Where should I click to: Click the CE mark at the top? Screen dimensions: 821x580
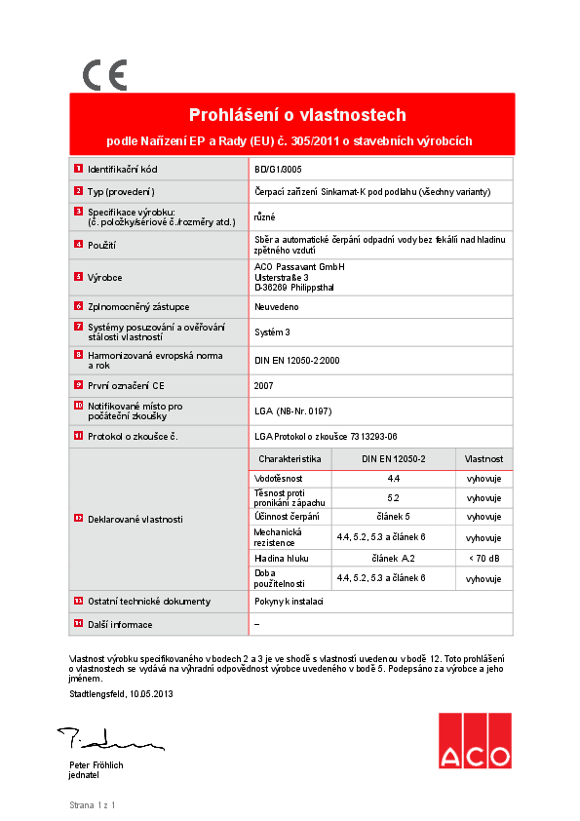pos(104,75)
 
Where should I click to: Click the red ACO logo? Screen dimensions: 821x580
pos(474,741)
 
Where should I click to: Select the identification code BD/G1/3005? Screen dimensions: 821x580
pos(277,169)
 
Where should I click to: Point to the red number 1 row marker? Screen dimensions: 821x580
pos(78,169)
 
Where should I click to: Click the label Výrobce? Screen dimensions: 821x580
pos(104,277)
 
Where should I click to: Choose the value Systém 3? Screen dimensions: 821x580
pos(272,332)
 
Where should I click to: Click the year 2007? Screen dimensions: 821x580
pos(263,385)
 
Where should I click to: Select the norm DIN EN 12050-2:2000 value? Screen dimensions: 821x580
pos(296,360)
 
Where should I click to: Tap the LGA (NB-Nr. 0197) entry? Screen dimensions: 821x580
pos(291,411)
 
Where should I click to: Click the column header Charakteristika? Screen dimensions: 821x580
pos(290,457)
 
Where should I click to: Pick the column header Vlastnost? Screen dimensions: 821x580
pos(483,457)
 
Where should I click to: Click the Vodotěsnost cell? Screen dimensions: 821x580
pos(279,479)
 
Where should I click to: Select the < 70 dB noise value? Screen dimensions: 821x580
pos(483,558)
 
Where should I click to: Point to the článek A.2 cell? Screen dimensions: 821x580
pos(394,558)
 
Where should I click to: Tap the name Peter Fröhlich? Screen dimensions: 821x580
pos(96,765)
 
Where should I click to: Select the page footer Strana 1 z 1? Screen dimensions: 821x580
pos(92,805)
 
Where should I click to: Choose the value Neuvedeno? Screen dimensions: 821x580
pos(276,306)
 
